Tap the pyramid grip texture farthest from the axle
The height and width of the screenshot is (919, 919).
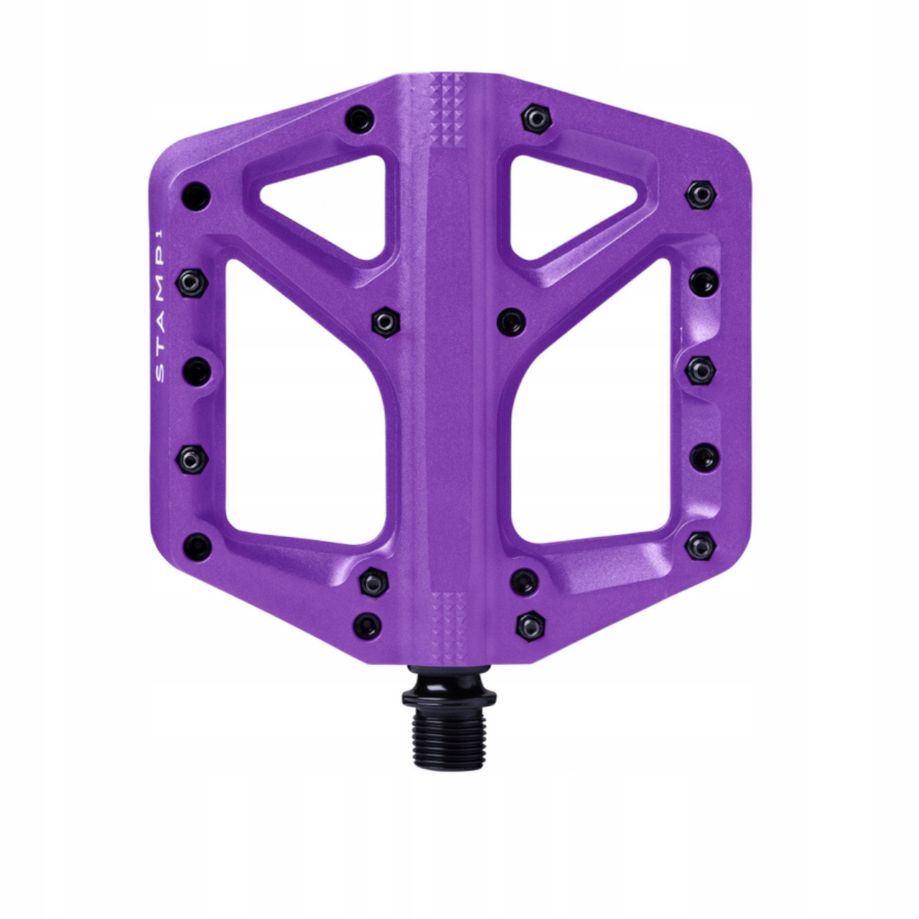(x=447, y=108)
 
